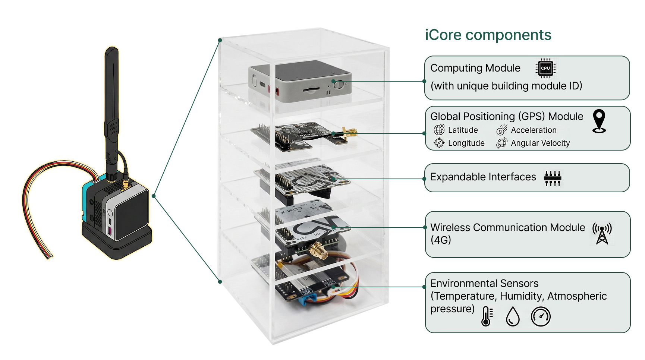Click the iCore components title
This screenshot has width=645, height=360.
[x=488, y=35]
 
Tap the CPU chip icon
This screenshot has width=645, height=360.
[x=545, y=68]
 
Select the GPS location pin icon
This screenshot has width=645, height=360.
[x=599, y=121]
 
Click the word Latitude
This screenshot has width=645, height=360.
[x=463, y=130]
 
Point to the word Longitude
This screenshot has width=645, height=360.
[x=466, y=143]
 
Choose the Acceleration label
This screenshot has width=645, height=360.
[x=534, y=130]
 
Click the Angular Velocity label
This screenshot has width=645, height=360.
[x=540, y=143]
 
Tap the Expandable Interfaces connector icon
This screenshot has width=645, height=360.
[x=553, y=178]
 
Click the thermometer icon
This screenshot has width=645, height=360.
[x=486, y=316]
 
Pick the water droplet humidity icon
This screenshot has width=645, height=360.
[x=513, y=316]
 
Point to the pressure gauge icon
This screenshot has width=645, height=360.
[x=541, y=316]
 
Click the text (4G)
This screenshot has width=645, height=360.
[x=441, y=240]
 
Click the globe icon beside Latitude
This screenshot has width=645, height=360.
[x=439, y=130]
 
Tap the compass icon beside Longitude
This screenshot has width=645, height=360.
[x=439, y=143]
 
